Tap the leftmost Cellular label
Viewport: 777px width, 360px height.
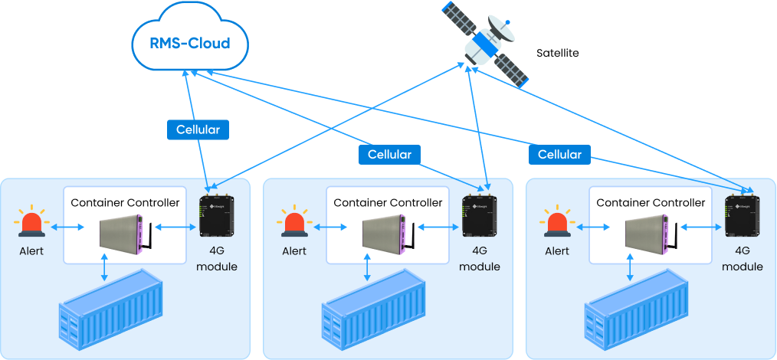click(x=198, y=130)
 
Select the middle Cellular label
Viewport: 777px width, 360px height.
click(x=389, y=155)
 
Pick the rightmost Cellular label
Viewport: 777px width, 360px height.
click(x=559, y=155)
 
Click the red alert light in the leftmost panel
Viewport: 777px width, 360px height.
click(x=32, y=223)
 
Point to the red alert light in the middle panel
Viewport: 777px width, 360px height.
click(x=294, y=223)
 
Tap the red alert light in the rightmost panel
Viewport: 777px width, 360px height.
click(x=556, y=223)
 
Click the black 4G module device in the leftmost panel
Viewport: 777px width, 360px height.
click(x=216, y=217)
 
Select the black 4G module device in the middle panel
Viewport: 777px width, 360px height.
click(x=479, y=217)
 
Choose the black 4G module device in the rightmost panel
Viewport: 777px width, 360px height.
click(x=742, y=217)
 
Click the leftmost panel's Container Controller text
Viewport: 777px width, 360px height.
click(x=125, y=203)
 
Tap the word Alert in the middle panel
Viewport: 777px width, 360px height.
click(x=294, y=251)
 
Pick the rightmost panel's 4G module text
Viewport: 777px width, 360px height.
click(x=742, y=258)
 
